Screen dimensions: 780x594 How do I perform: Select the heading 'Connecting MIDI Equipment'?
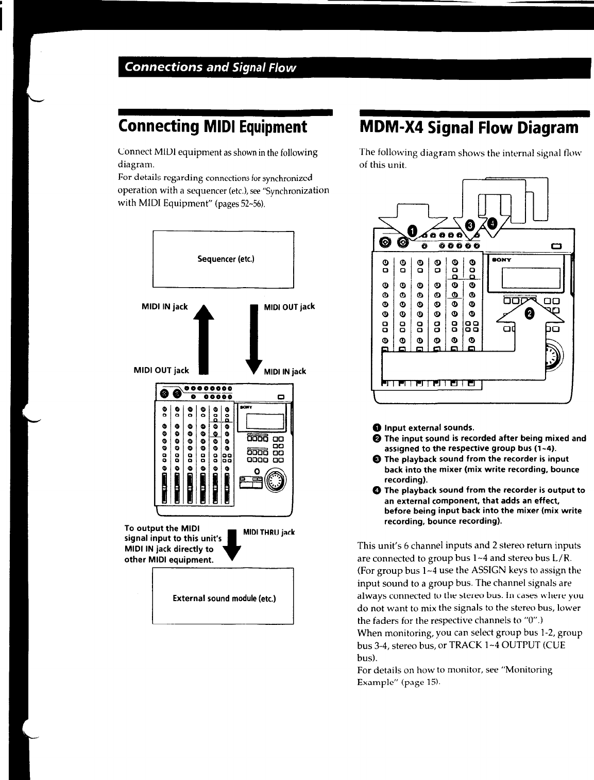(x=212, y=127)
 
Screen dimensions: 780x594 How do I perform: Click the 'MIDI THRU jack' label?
(x=268, y=532)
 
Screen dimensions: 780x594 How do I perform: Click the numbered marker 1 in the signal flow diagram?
(x=412, y=230)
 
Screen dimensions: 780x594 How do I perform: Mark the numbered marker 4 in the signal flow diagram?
(x=492, y=223)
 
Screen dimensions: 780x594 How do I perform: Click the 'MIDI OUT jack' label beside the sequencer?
(x=289, y=307)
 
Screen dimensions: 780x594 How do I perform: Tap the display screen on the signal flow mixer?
(x=531, y=278)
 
